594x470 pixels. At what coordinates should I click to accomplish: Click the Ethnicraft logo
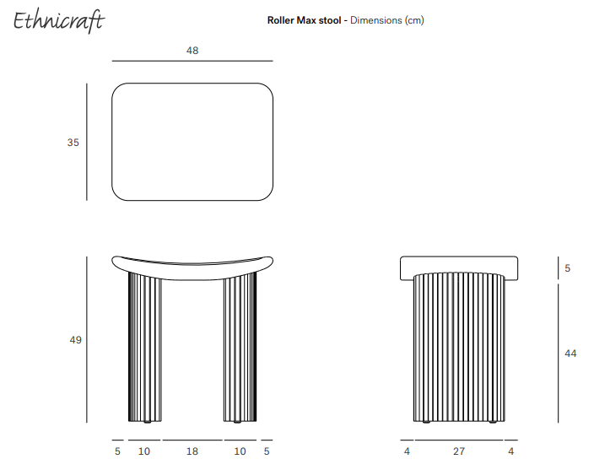[58, 21]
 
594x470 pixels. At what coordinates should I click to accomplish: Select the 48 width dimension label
[192, 51]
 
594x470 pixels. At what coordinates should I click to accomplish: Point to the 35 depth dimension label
[73, 143]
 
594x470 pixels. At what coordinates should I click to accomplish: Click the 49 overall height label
[75, 340]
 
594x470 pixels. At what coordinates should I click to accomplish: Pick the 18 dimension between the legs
[192, 451]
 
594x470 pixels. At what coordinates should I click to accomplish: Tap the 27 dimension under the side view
[459, 451]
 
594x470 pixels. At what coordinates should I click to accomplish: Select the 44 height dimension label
[570, 354]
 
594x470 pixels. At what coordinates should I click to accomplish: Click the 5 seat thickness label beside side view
[568, 268]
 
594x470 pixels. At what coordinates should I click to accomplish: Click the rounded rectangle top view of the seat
[192, 142]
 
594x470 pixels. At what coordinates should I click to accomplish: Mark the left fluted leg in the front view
[144, 348]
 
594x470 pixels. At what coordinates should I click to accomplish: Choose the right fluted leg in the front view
[240, 348]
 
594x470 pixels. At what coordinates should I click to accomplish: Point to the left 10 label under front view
[144, 451]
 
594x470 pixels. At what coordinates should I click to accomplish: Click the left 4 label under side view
[407, 451]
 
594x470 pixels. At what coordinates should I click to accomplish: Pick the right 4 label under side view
[511, 451]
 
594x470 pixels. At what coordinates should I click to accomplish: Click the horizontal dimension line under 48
[192, 61]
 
